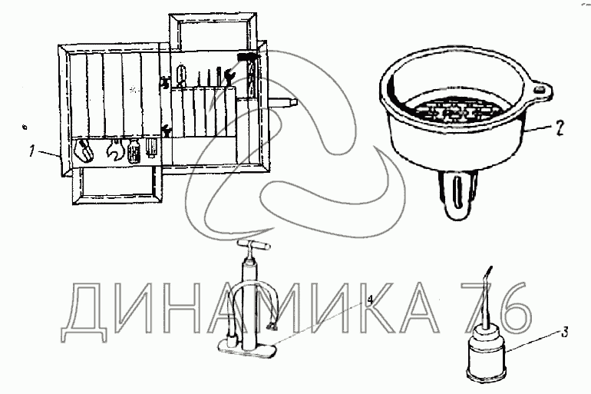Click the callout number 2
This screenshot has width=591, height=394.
point(560,129)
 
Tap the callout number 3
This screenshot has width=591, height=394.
point(564,333)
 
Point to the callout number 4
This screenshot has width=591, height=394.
point(370,300)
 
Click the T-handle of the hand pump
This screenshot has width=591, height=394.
point(254,246)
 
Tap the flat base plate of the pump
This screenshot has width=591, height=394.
point(247,349)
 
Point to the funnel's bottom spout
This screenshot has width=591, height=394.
point(457,194)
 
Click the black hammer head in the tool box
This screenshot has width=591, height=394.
point(248,58)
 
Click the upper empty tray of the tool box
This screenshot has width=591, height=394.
point(213,31)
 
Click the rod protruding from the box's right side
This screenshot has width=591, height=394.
point(282,101)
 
